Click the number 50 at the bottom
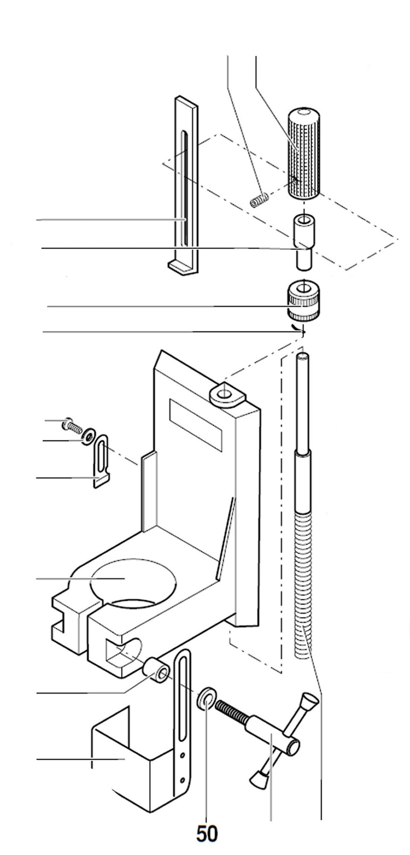tap(207, 834)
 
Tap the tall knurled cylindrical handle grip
tap(304, 154)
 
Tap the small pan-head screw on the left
tap(71, 425)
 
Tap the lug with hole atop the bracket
tap(226, 393)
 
